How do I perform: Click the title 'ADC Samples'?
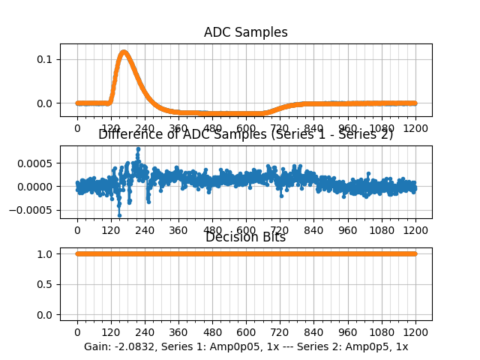pos(245,32)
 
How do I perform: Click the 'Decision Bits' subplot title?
pos(245,238)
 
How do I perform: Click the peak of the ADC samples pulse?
pos(124,52)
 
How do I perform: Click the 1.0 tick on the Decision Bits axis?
pos(46,253)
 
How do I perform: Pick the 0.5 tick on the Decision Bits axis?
pos(46,284)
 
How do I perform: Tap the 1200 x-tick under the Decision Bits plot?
pos(416,332)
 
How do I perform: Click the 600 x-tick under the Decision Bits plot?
pos(247,332)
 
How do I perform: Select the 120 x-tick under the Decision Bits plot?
pos(111,332)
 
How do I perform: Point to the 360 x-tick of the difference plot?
pos(178,230)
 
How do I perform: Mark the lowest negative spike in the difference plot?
pos(119,215)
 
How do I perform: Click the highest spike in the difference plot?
pos(137,149)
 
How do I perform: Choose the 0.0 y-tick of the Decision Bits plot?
pos(46,315)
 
